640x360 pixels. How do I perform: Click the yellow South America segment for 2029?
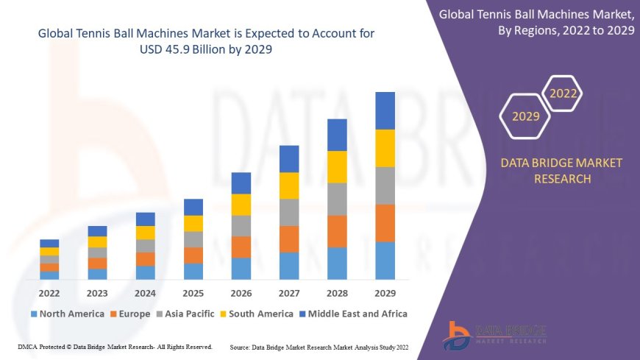(x=385, y=148)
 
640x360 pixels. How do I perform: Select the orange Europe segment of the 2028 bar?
(x=337, y=231)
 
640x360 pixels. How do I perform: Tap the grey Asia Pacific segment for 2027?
(x=289, y=212)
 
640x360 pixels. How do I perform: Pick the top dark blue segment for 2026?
(x=241, y=183)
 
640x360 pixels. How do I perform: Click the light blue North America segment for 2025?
(x=193, y=271)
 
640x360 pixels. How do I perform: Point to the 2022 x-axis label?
(x=49, y=292)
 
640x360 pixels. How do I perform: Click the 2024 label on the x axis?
(x=145, y=292)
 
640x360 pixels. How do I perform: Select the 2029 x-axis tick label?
(x=385, y=292)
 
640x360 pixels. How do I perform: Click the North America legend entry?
(x=67, y=314)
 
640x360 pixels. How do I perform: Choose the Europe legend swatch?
(x=114, y=314)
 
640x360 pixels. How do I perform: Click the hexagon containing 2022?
(x=563, y=93)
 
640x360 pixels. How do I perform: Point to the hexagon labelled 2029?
(x=525, y=116)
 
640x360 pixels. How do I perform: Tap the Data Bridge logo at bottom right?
(x=495, y=336)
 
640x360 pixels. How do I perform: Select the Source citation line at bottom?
(x=319, y=346)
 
